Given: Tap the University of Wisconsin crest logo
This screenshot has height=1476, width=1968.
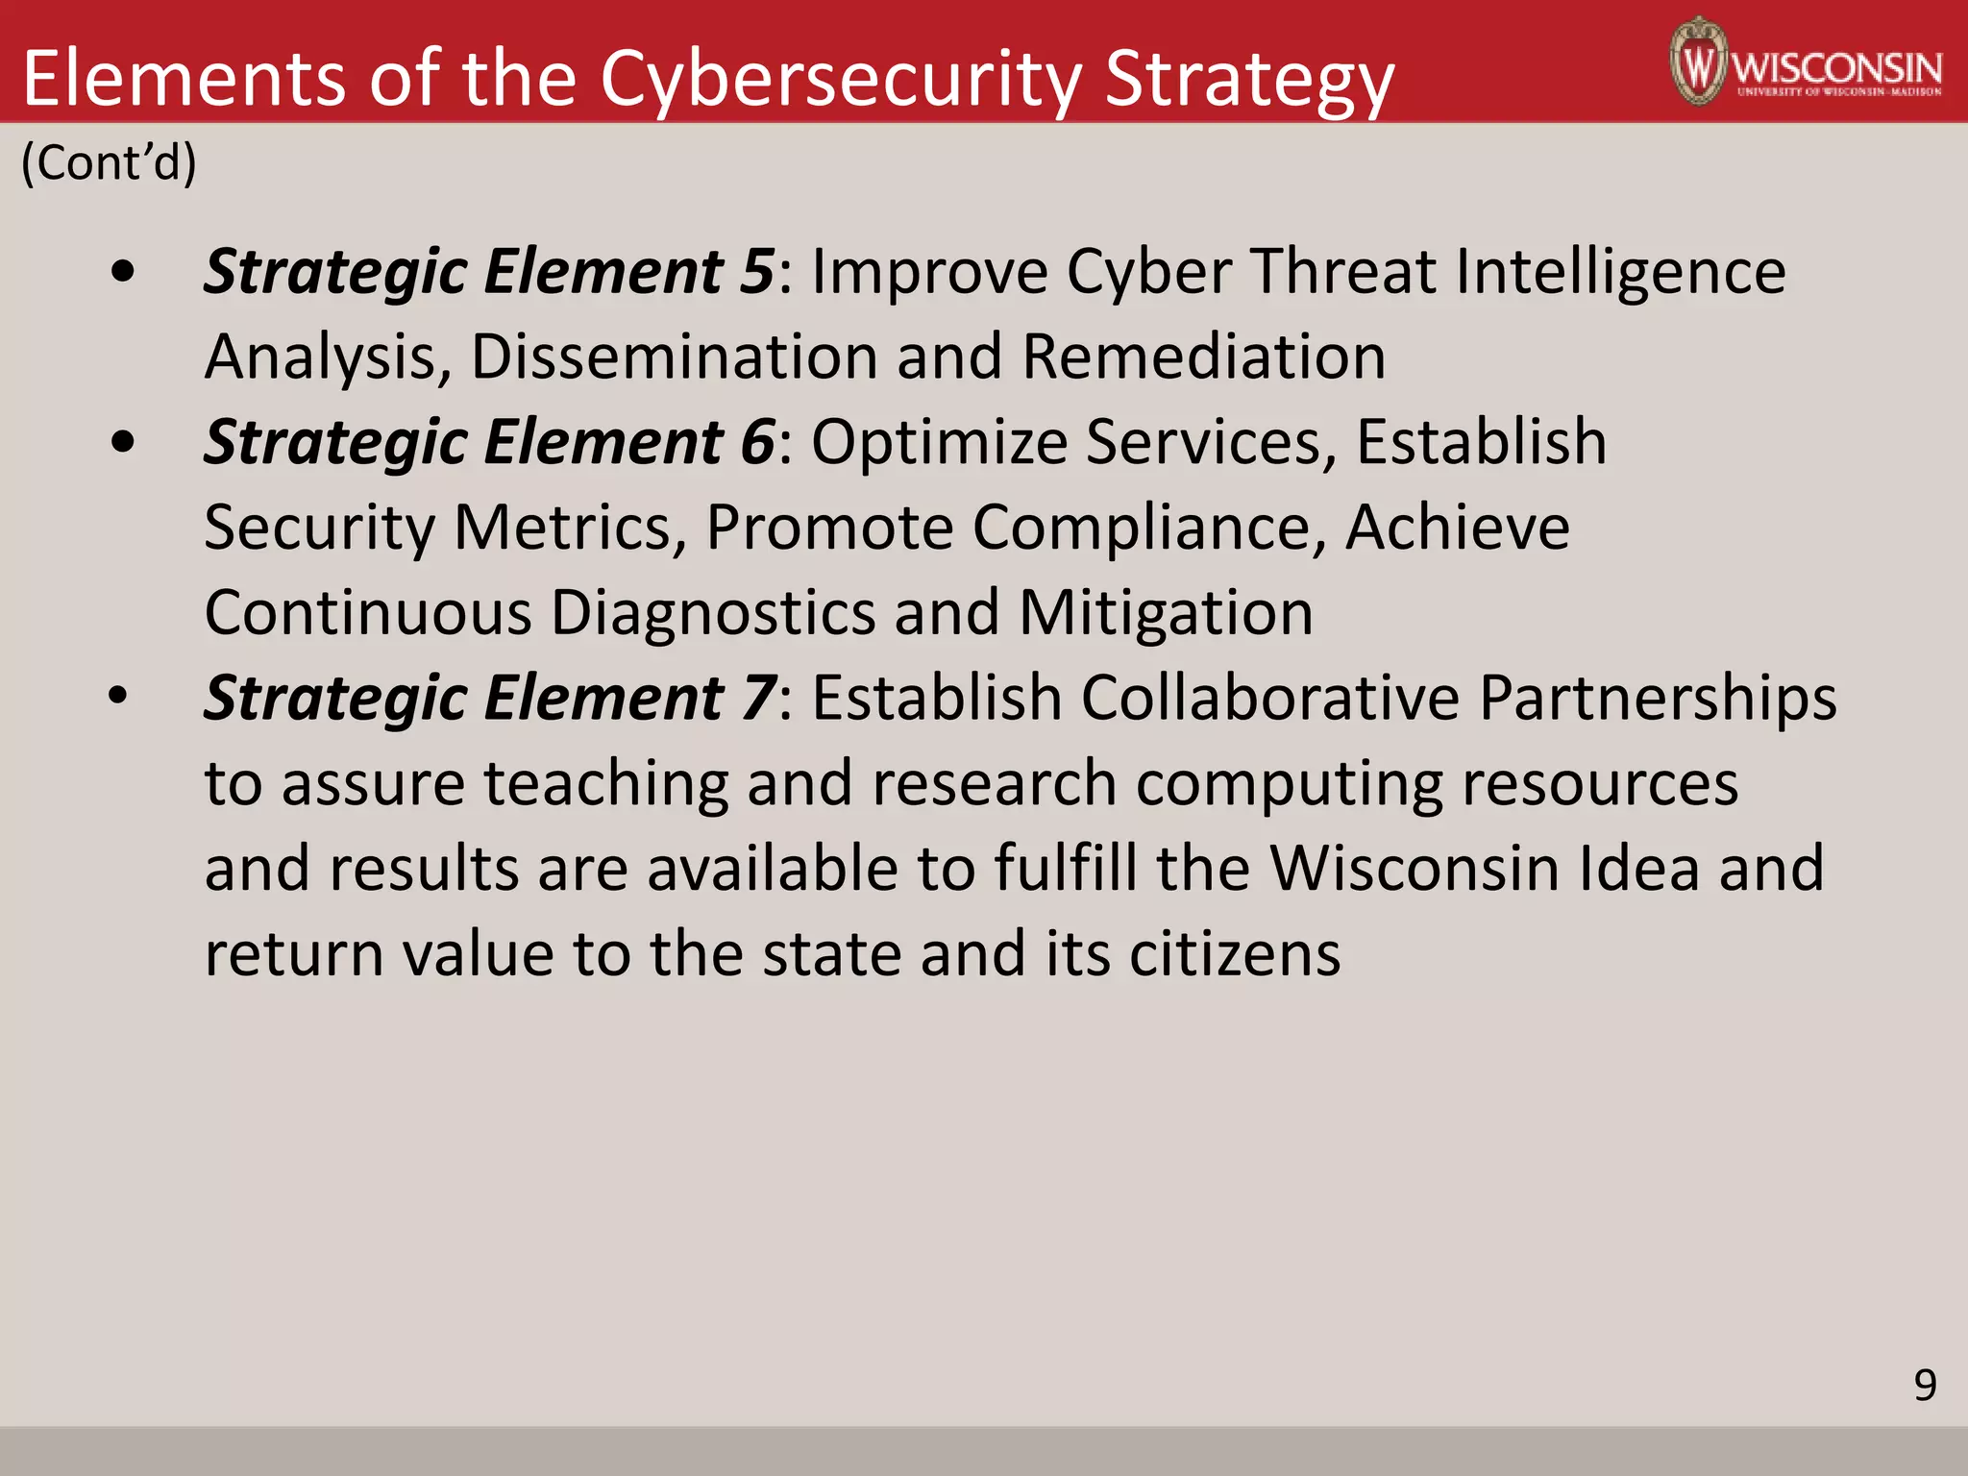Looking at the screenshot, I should [x=1699, y=61].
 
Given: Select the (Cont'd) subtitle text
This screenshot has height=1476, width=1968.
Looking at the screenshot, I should [x=109, y=161].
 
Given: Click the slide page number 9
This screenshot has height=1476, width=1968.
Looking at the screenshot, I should [x=1925, y=1385].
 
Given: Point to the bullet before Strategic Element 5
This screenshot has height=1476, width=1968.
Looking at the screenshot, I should [x=123, y=272].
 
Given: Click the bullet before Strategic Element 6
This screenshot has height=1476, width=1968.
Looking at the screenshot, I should [x=123, y=443].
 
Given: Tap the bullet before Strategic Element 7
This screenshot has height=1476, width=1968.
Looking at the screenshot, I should [x=117, y=697].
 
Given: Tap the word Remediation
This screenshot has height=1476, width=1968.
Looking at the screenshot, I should [x=1204, y=357].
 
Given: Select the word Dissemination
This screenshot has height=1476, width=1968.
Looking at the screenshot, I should [x=675, y=357].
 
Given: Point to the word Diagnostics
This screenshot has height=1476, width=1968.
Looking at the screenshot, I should [x=713, y=612].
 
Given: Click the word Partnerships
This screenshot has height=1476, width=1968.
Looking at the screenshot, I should [x=1658, y=698].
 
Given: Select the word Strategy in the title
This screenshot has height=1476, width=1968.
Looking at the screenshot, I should [x=1249, y=79].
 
